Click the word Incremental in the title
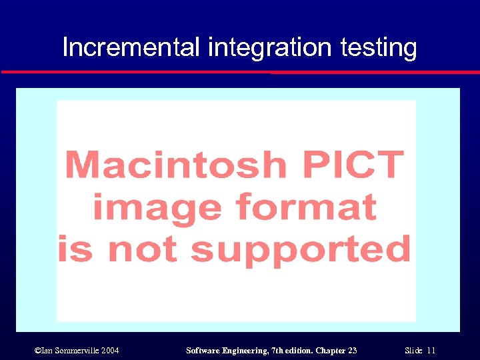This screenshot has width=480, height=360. pyautogui.click(x=131, y=47)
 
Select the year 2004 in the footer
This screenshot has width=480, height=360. pyautogui.click(x=109, y=350)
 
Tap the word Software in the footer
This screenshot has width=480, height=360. pyautogui.click(x=203, y=350)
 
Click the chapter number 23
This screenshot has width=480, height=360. pyautogui.click(x=353, y=350)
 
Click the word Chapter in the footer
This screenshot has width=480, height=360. pyautogui.click(x=331, y=350)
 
